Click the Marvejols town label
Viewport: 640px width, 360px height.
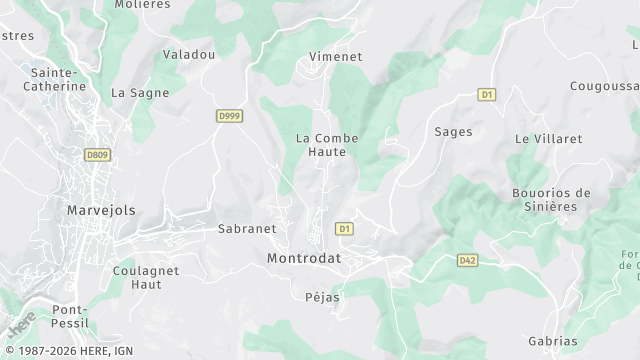click(x=100, y=210)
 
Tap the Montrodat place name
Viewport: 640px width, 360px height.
click(x=304, y=258)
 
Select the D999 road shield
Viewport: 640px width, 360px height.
click(x=229, y=116)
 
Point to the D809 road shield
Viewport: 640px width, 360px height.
click(x=97, y=155)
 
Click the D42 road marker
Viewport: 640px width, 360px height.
click(x=467, y=260)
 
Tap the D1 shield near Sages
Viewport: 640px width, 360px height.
click(x=487, y=95)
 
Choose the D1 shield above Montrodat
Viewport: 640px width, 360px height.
click(x=344, y=229)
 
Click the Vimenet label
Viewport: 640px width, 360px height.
click(x=336, y=57)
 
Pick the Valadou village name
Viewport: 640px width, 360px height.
click(x=189, y=55)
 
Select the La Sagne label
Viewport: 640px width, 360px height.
click(x=140, y=93)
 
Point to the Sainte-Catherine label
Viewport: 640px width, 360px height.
click(x=59, y=79)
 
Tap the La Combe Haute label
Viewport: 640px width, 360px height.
click(x=327, y=145)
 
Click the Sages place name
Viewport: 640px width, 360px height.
click(x=453, y=131)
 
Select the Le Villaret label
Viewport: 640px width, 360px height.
click(x=548, y=139)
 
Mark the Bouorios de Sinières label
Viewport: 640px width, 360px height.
click(x=551, y=199)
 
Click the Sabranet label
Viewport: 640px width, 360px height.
click(x=247, y=228)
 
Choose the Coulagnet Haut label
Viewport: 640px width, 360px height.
click(x=146, y=277)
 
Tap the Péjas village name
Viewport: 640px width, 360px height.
click(x=322, y=297)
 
